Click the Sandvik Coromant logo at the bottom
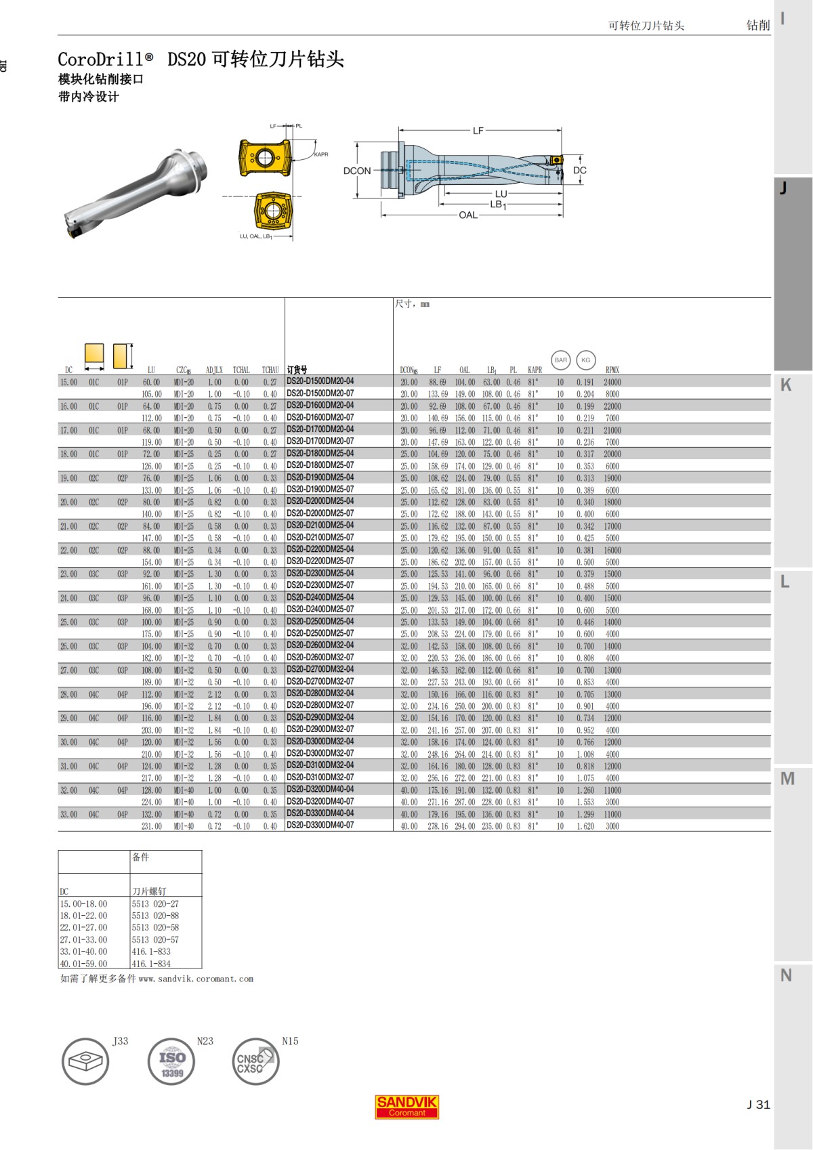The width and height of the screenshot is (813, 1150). point(406,1106)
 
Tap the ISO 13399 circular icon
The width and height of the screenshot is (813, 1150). point(171,1061)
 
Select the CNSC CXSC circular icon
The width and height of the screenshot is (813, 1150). point(255,1061)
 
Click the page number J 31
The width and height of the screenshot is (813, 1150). point(758,1104)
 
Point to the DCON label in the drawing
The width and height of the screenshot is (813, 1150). point(357,171)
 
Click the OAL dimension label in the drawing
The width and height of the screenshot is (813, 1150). point(468,215)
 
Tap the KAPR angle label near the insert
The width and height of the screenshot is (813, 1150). point(321,154)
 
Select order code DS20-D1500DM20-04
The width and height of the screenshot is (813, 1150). point(320,381)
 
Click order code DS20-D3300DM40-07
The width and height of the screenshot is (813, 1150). point(320,825)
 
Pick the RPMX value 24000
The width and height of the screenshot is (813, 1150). point(612,382)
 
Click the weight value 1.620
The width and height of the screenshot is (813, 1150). point(585,826)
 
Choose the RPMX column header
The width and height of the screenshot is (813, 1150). point(612,370)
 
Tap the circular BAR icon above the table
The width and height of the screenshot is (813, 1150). point(561,360)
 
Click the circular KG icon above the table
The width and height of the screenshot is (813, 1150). point(585,360)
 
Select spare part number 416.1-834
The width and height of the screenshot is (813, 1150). point(151,964)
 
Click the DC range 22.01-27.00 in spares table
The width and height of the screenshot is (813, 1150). point(83,928)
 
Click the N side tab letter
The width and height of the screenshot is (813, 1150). point(786,975)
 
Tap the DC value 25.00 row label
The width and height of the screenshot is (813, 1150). point(68,622)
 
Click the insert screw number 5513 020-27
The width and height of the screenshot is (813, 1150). point(155,903)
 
